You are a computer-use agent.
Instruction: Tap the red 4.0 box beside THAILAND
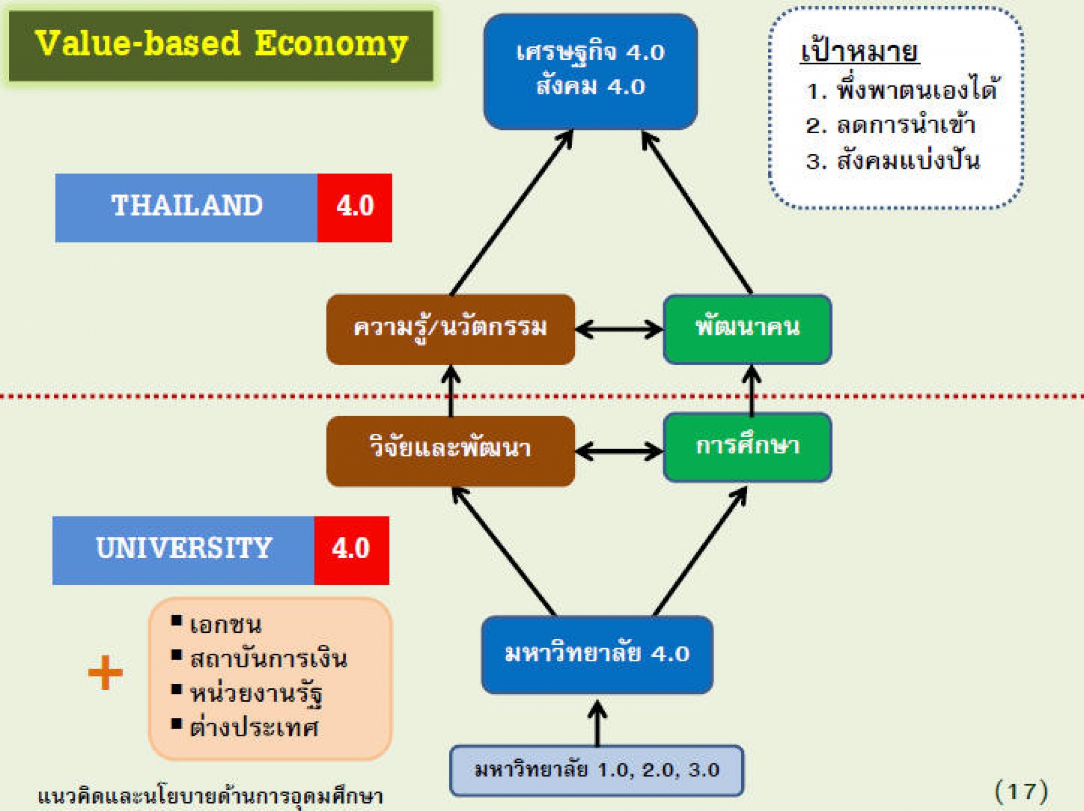click(x=355, y=208)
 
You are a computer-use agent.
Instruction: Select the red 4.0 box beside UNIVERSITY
click(x=352, y=551)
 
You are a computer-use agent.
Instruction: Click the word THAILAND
click(x=187, y=206)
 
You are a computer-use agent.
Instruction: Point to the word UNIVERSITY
click(x=184, y=548)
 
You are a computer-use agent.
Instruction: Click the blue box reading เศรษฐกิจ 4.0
click(x=590, y=72)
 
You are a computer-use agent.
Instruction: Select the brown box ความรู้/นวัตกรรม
click(x=450, y=330)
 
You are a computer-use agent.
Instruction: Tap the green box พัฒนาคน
click(x=748, y=329)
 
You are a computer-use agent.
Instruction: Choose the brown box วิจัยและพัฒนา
click(x=450, y=451)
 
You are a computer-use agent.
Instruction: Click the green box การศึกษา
click(x=748, y=447)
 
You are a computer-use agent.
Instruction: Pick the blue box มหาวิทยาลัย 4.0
click(x=597, y=655)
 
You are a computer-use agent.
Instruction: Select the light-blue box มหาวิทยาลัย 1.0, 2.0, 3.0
click(x=597, y=770)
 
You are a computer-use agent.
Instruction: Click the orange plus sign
click(x=105, y=672)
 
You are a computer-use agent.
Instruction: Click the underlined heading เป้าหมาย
click(x=860, y=52)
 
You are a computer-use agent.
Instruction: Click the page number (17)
click(x=1021, y=791)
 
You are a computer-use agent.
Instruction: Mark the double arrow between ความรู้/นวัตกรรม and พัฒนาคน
click(x=619, y=330)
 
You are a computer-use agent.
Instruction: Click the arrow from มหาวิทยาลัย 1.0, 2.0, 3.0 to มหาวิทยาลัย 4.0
click(x=597, y=723)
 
